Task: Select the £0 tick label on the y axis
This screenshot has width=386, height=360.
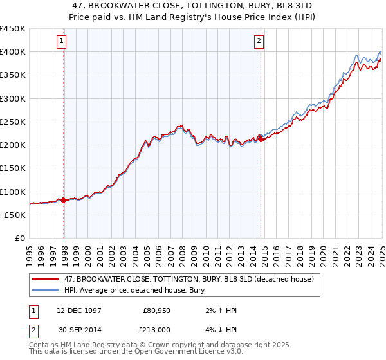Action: (x=20, y=238)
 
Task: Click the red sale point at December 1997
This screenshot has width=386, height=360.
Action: (x=64, y=201)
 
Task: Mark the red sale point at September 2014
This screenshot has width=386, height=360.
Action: (x=261, y=138)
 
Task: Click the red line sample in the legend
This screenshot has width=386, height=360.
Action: (x=45, y=280)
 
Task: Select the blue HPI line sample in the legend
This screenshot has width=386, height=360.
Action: (x=45, y=290)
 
